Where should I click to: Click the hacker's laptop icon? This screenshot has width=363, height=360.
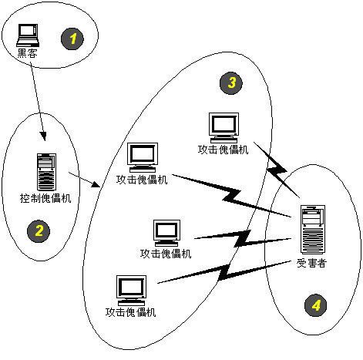tap(29, 33)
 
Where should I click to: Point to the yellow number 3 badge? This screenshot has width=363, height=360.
tap(229, 82)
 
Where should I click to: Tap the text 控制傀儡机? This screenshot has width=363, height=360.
tap(45, 199)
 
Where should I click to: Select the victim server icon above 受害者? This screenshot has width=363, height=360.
tap(312, 229)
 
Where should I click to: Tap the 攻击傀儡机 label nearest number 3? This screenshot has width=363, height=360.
tap(224, 150)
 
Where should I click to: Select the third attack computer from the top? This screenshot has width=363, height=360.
tap(166, 231)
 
